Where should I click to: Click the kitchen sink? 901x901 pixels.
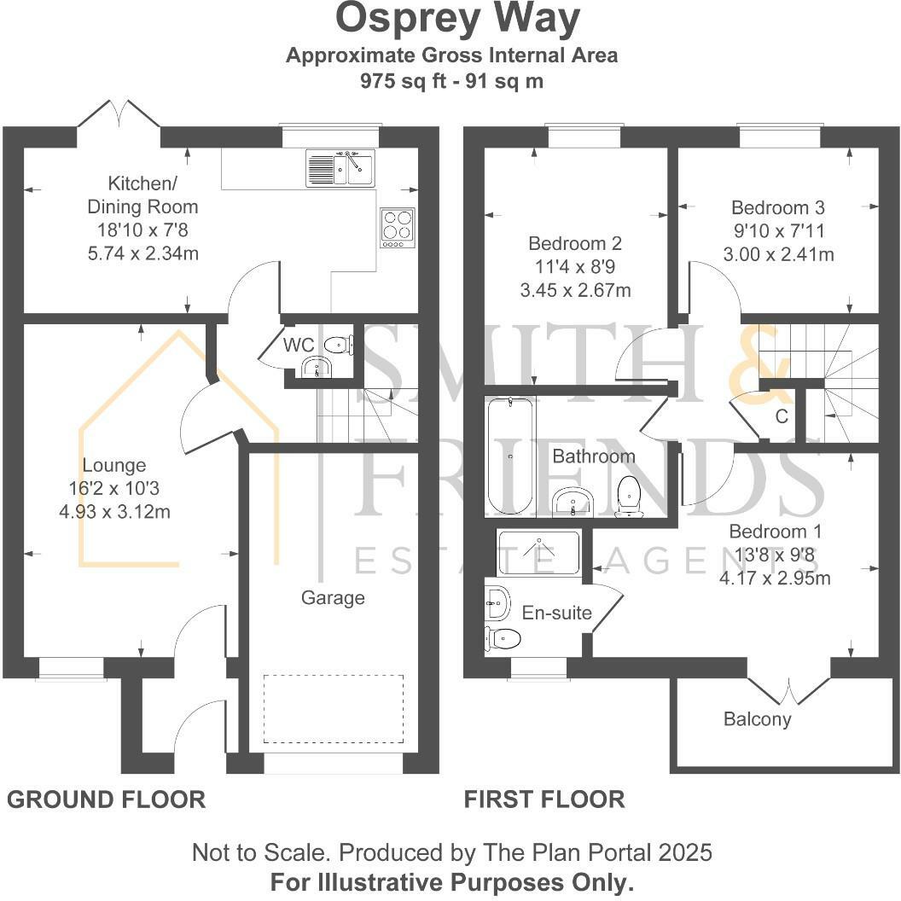pyautogui.click(x=340, y=168)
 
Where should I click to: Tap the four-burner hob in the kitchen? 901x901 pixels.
pyautogui.click(x=397, y=228)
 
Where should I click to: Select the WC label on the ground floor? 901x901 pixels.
pyautogui.click(x=299, y=345)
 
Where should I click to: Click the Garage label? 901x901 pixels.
pyautogui.click(x=333, y=597)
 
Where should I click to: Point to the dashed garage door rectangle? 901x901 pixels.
pyautogui.click(x=334, y=708)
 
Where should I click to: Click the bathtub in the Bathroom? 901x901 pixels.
pyautogui.click(x=510, y=456)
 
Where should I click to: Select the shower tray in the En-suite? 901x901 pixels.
pyautogui.click(x=539, y=553)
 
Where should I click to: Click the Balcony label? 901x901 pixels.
pyautogui.click(x=758, y=719)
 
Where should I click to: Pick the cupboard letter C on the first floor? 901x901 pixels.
pyautogui.click(x=782, y=416)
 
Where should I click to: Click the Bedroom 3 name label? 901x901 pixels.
pyautogui.click(x=778, y=206)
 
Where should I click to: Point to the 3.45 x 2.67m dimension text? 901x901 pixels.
pyautogui.click(x=575, y=290)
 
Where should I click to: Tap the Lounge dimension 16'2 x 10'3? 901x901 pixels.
pyautogui.click(x=114, y=488)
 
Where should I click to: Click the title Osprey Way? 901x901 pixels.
pyautogui.click(x=457, y=19)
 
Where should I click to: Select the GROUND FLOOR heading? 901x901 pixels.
pyautogui.click(x=107, y=799)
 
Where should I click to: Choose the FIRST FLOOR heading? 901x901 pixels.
pyautogui.click(x=544, y=799)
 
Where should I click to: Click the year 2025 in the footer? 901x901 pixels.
pyautogui.click(x=685, y=852)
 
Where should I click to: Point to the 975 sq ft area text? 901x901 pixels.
pyautogui.click(x=404, y=80)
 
